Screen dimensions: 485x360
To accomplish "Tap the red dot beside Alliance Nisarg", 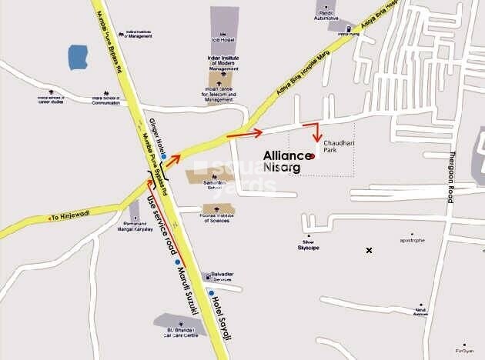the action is tap(313, 155).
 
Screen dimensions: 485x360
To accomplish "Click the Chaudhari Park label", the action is tap(338, 148).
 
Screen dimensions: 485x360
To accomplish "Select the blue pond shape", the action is tap(78, 58).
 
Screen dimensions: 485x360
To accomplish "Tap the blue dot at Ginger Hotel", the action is tap(163, 156).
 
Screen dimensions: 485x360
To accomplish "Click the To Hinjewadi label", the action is tap(69, 218).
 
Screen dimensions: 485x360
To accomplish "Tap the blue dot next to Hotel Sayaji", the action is tap(212, 294).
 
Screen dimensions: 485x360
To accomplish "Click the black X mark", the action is tap(369, 250).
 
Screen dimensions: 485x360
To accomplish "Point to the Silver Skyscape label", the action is tap(309, 245).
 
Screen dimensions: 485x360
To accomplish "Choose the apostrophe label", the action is tap(412, 241).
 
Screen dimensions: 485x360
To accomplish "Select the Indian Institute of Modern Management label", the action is tap(224, 63).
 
